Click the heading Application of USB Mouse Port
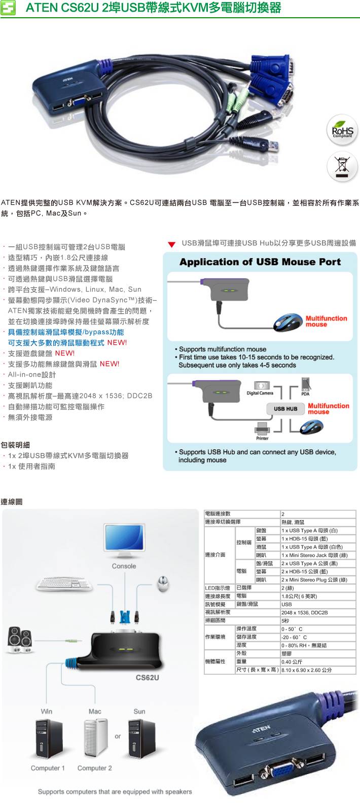[x=260, y=262]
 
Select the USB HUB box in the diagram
[x=285, y=409]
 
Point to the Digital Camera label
[x=260, y=393]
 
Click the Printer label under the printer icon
[x=262, y=438]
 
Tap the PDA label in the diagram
[x=305, y=393]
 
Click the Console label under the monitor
[x=124, y=566]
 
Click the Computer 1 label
[x=48, y=768]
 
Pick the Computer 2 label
[x=95, y=768]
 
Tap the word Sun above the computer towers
[x=139, y=711]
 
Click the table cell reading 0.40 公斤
[x=291, y=661]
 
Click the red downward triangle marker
[x=172, y=245]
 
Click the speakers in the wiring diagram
[x=20, y=639]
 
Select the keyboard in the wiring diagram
[x=65, y=585]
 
